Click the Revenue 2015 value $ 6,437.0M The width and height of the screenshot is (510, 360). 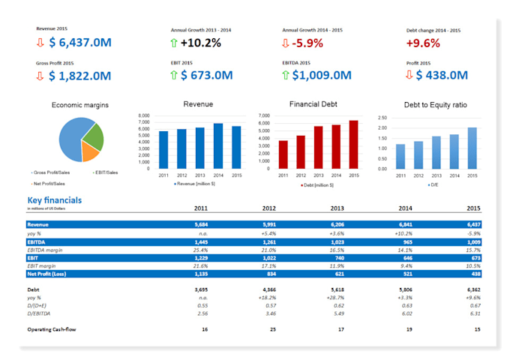(79, 42)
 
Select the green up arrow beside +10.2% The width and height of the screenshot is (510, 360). (175, 42)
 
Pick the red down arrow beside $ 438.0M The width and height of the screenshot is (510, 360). (409, 75)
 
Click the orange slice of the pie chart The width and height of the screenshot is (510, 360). (90, 152)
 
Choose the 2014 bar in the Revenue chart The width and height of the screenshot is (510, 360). (218, 146)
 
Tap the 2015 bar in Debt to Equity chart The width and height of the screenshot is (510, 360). (472, 148)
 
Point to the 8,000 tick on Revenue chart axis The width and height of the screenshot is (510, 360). (145, 117)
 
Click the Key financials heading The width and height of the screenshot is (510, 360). (55, 200)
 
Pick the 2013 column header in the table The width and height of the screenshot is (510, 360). (336, 208)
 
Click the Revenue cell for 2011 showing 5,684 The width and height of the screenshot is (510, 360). (201, 224)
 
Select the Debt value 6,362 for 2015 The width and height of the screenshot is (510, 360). (473, 289)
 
